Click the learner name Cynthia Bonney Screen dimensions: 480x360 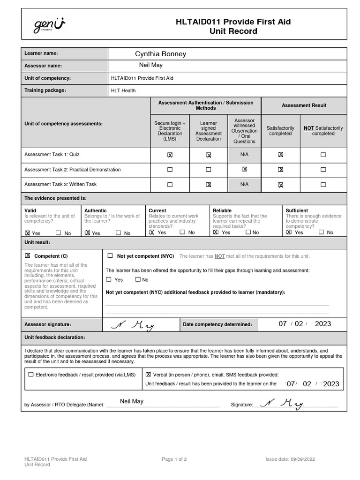coord(160,54)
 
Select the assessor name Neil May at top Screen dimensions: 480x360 coord(150,65)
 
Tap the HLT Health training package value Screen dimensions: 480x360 coord(123,90)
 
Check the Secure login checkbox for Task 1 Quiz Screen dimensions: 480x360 coord(170,155)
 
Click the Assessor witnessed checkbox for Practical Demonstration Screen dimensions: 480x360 coord(244,169)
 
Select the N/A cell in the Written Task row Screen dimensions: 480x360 coord(244,184)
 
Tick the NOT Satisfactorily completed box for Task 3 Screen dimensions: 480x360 coord(323,185)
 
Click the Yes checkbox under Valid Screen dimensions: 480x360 coord(28,232)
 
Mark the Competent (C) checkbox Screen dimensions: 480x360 coord(28,256)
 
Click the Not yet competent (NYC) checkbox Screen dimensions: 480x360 coord(110,256)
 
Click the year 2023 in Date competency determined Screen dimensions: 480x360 coord(323,324)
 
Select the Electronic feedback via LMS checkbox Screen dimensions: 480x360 coord(31,375)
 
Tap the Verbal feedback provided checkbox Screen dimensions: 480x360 coord(149,375)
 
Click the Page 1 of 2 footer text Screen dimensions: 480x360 coord(174,459)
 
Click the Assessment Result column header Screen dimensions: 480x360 coord(304,105)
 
